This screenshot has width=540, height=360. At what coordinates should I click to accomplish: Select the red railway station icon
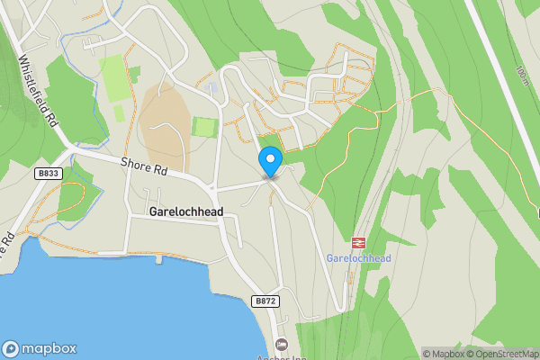[x=358, y=242]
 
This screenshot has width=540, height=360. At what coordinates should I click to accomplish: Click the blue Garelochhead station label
[x=358, y=258]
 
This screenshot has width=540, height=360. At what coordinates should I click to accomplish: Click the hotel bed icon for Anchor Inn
[x=281, y=343]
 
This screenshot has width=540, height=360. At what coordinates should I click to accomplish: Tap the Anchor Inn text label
[x=281, y=355]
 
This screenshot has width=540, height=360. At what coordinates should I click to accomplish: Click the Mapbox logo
[x=40, y=349]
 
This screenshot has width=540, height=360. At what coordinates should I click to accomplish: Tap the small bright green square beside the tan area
[x=204, y=127]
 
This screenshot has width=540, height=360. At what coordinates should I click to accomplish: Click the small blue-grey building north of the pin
[x=211, y=88]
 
